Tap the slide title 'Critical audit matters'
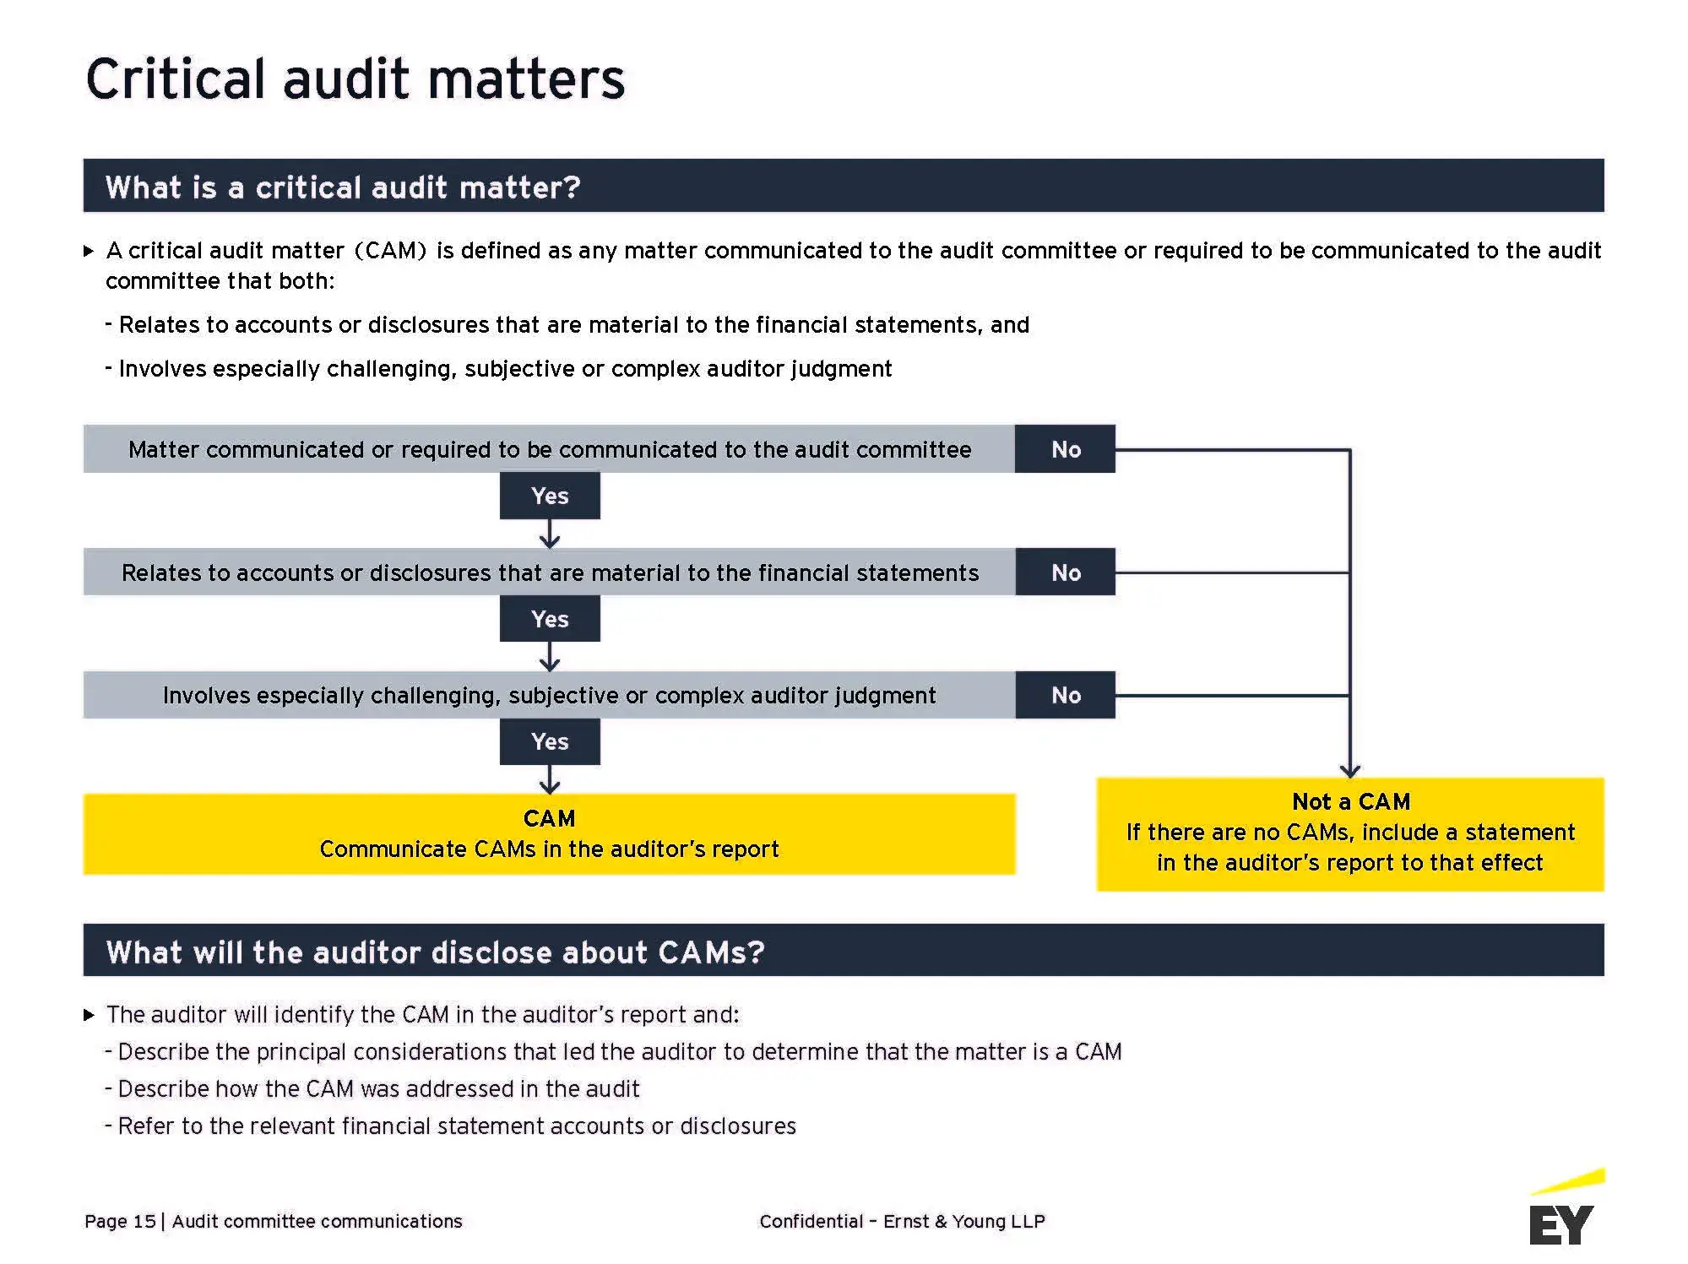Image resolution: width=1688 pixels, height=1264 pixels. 355,79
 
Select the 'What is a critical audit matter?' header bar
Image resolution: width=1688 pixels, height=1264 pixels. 843,186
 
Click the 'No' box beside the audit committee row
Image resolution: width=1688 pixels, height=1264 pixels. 1065,449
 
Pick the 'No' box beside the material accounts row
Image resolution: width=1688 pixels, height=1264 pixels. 1065,572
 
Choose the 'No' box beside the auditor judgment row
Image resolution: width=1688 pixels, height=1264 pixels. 1065,695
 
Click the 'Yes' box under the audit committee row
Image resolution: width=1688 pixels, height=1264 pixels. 550,496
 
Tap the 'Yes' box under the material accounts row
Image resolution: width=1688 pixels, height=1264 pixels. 550,619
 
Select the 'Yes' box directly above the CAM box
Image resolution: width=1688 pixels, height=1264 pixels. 550,741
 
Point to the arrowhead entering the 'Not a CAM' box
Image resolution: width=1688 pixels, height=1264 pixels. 1349,770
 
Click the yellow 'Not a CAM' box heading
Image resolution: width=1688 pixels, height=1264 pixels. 1350,801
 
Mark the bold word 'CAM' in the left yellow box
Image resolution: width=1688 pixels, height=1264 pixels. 549,818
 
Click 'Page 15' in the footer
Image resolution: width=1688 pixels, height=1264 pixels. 120,1221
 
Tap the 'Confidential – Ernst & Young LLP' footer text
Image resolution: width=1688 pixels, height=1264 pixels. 902,1221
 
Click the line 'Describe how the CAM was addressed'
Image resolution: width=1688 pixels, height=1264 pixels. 378,1089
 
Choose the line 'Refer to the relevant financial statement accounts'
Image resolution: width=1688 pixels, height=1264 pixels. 456,1126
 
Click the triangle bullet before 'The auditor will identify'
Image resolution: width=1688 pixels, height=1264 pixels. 89,1015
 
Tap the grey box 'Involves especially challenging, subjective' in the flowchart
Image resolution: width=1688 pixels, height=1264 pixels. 549,695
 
